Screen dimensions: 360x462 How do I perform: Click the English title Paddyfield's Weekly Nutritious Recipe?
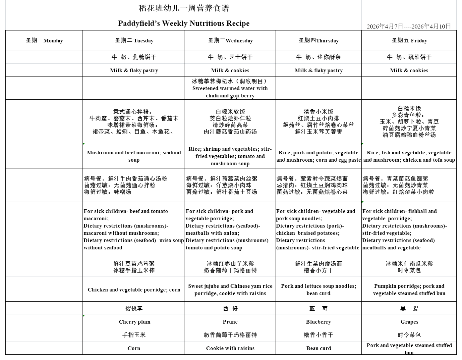(184, 24)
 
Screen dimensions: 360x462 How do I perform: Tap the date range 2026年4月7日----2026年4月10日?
(409, 26)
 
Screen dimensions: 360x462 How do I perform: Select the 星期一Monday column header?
(44, 40)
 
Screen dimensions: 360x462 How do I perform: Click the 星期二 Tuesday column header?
(134, 40)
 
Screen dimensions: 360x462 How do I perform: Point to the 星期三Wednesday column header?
(230, 40)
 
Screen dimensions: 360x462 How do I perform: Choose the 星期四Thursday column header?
(318, 40)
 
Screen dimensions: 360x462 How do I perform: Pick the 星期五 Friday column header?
(409, 40)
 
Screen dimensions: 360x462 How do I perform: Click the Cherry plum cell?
(134, 322)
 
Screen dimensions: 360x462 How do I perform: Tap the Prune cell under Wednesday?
(230, 322)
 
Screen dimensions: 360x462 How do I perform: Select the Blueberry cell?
(318, 322)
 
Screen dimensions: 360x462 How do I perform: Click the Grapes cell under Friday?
(409, 322)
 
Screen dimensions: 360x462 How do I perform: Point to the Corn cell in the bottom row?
(134, 348)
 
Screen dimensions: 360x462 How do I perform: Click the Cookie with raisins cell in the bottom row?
(230, 348)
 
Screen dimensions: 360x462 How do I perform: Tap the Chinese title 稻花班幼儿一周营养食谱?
(184, 8)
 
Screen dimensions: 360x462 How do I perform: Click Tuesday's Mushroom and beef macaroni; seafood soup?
(134, 156)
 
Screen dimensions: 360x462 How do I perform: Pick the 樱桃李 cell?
(134, 308)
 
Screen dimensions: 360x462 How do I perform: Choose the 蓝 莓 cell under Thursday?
(318, 308)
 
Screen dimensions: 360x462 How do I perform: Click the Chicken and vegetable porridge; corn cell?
(134, 289)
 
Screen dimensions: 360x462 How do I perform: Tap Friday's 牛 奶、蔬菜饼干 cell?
(409, 57)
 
